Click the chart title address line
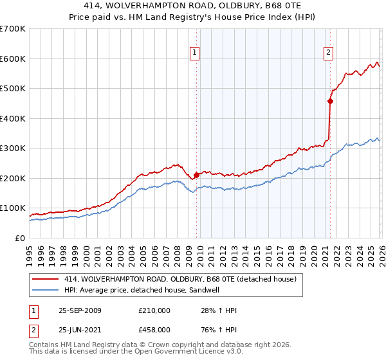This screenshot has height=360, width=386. pyautogui.click(x=193, y=6)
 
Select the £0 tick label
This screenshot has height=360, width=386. pyautogui.click(x=20, y=238)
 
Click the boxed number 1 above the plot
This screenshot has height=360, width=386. pyautogui.click(x=195, y=53)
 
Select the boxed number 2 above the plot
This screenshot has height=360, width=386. pyautogui.click(x=329, y=53)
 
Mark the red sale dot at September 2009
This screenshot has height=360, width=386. pyautogui.click(x=196, y=175)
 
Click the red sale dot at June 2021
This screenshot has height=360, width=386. pyautogui.click(x=330, y=101)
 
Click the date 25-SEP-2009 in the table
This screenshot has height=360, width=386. pyautogui.click(x=80, y=310)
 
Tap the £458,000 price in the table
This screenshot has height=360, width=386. pyautogui.click(x=154, y=328)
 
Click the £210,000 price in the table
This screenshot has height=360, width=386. pyautogui.click(x=154, y=310)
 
